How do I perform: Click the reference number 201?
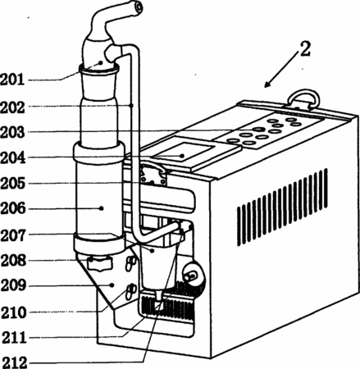tap(12, 80)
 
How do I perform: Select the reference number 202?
tap(12, 107)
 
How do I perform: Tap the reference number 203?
tap(12, 132)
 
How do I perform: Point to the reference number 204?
tap(13, 157)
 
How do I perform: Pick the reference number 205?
tap(13, 183)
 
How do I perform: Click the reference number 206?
tap(13, 209)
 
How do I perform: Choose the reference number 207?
tap(13, 235)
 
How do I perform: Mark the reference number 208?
tap(13, 261)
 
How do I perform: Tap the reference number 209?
tap(13, 286)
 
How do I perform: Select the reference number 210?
tap(14, 312)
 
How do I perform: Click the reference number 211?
tap(14, 338)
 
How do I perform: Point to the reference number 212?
tap(15, 362)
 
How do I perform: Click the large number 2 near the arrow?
tap(305, 49)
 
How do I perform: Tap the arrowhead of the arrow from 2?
tap(267, 84)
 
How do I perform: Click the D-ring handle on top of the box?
tap(305, 98)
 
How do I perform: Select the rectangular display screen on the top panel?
tap(184, 153)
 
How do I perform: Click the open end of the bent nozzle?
tap(138, 7)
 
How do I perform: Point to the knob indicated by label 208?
tap(100, 263)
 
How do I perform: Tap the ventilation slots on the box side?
tap(282, 207)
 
